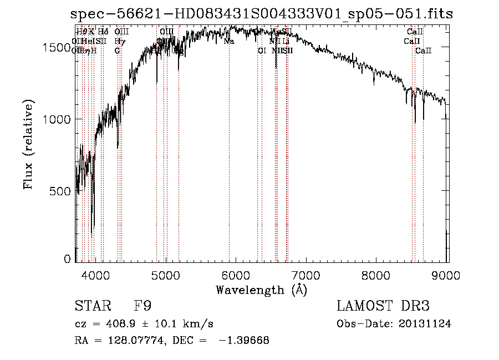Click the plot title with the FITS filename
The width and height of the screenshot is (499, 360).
click(x=262, y=14)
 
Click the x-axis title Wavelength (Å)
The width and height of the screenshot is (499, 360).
click(x=261, y=290)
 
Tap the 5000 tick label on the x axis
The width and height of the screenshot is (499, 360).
click(x=166, y=273)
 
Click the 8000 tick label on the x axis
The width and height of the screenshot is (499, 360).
click(x=377, y=273)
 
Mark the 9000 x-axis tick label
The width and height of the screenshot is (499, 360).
click(x=447, y=273)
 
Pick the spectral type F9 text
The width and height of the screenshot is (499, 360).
click(x=143, y=306)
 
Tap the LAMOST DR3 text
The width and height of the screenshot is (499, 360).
click(x=383, y=306)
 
